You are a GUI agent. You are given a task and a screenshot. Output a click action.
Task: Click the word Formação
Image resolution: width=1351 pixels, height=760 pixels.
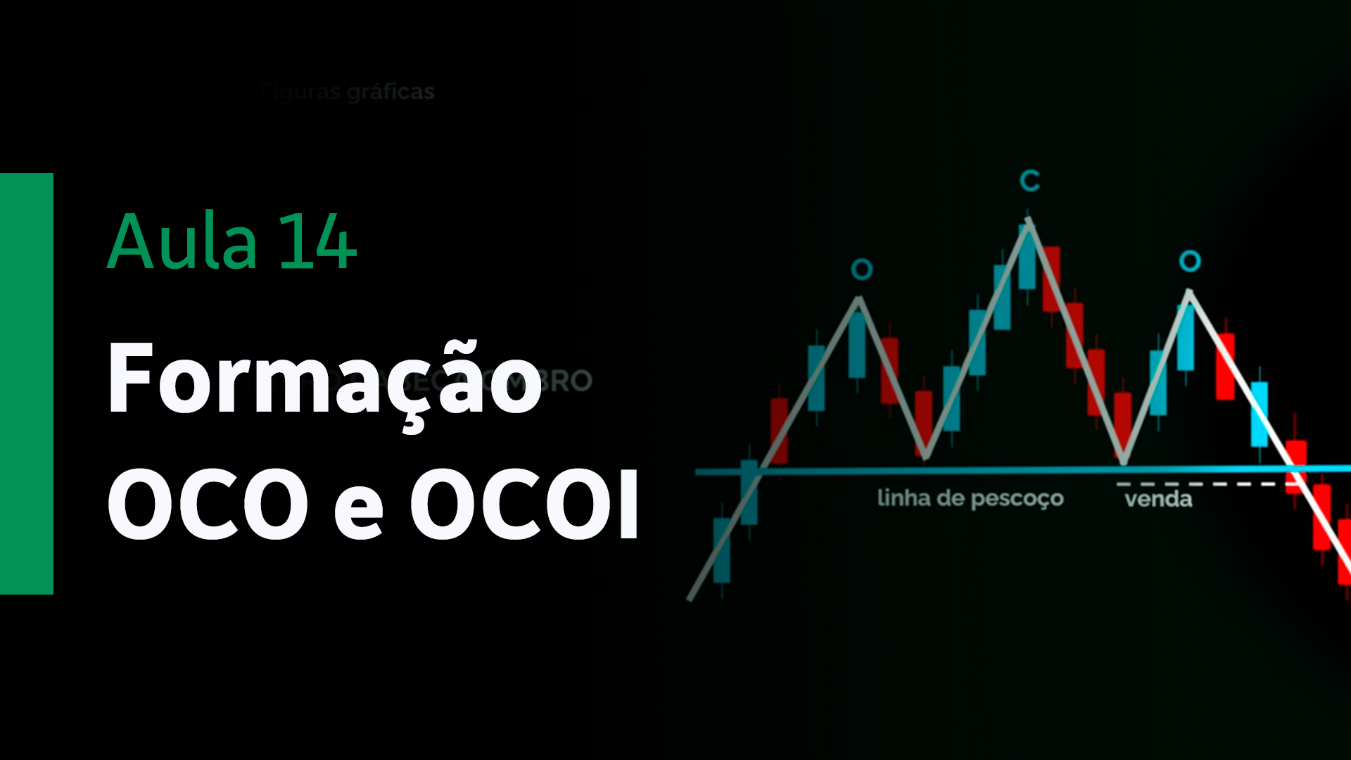[324, 380]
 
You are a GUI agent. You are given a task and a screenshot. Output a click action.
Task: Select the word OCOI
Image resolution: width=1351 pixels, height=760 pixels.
[525, 504]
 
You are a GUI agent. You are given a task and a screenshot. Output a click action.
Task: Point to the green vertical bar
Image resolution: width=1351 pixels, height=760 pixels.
[27, 384]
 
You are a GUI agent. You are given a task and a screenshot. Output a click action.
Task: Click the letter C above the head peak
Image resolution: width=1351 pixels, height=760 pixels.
[1029, 181]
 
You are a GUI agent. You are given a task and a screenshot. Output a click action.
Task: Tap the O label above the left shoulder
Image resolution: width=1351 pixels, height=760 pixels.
[861, 269]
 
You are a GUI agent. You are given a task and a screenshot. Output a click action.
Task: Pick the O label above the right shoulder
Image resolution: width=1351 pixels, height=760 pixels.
[1189, 261]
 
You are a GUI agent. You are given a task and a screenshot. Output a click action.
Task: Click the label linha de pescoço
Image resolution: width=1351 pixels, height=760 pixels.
[970, 498]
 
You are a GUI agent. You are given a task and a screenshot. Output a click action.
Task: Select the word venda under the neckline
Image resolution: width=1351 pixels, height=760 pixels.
[1158, 500]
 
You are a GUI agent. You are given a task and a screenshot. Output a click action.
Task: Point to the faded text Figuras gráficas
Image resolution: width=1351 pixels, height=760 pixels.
[348, 91]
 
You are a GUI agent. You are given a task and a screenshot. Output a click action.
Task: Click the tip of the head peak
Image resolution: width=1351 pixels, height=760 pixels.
[1029, 220]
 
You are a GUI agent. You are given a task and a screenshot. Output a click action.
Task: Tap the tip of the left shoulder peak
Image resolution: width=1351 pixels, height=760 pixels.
[859, 298]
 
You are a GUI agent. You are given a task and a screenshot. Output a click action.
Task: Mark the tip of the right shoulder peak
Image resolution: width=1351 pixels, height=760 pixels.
[1189, 291]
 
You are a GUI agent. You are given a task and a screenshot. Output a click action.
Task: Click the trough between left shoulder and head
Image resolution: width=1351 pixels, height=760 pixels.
[925, 457]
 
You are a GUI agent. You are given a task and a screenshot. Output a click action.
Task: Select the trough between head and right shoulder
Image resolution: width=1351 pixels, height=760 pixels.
[1124, 462]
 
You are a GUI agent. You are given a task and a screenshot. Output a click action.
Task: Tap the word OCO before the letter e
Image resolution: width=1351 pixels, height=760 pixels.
[208, 504]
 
